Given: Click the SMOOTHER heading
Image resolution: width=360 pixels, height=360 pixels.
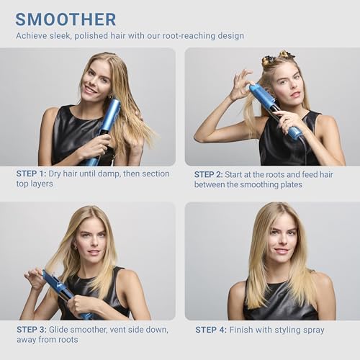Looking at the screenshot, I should [66, 19].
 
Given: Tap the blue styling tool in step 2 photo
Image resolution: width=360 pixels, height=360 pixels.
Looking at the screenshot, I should [275, 109].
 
